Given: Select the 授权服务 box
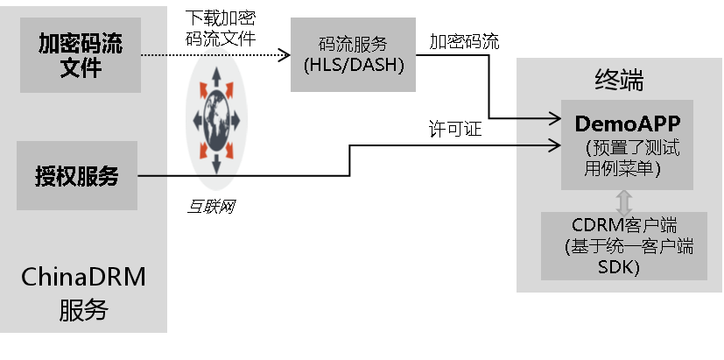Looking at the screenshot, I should point(77,176).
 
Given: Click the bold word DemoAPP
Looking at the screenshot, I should point(628,122).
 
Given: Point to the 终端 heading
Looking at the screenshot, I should point(619,81).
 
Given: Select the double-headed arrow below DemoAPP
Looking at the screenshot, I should point(624,201).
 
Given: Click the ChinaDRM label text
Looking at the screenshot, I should point(83,278).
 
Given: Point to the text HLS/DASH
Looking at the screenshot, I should point(354,65).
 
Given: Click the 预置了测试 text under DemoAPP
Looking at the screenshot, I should point(632,148).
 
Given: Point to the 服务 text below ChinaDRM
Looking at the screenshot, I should point(83,309).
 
